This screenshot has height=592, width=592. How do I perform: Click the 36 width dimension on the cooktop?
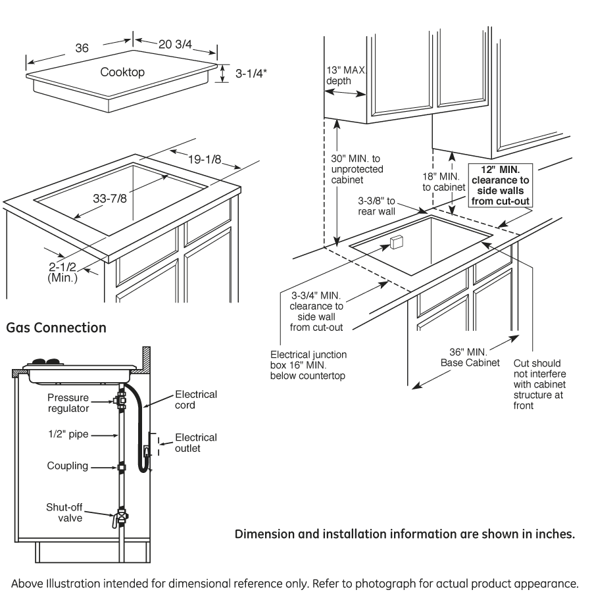pyautogui.click(x=82, y=49)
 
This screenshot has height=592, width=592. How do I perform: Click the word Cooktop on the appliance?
pyautogui.click(x=122, y=72)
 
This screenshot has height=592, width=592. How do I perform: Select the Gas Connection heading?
pyautogui.click(x=56, y=327)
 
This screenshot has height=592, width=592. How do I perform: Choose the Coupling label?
pyautogui.click(x=68, y=466)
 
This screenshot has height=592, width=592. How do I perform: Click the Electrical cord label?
pyautogui.click(x=195, y=399)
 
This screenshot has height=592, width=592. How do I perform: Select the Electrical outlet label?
pyautogui.click(x=195, y=443)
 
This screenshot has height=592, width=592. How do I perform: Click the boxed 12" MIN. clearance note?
pyautogui.click(x=501, y=185)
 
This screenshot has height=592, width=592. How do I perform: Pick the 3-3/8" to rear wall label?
pyautogui.click(x=376, y=207)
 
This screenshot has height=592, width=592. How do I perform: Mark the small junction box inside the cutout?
pyautogui.click(x=395, y=243)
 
